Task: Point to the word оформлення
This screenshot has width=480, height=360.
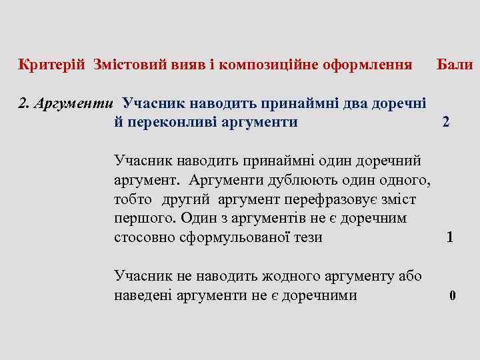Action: click(x=367, y=65)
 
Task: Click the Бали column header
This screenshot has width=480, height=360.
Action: click(x=455, y=65)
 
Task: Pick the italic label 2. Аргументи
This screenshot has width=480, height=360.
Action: click(x=67, y=103)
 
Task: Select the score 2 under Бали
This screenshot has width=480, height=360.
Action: click(x=445, y=123)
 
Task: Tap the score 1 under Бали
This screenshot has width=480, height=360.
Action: click(x=450, y=237)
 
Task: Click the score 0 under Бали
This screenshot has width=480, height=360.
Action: click(x=453, y=296)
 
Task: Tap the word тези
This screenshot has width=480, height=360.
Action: click(x=307, y=237)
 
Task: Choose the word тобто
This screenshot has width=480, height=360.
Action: click(x=133, y=199)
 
